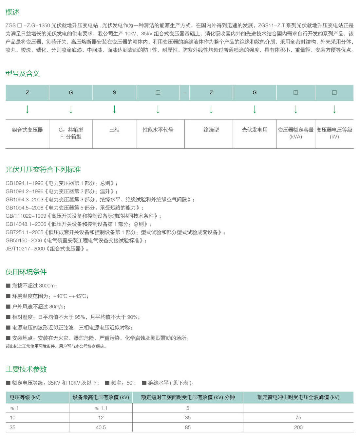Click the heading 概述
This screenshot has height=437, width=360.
tap(12, 12)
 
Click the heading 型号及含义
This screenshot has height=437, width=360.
tap(22, 74)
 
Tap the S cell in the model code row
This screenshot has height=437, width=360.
tap(114, 93)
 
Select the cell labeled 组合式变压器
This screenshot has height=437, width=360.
tap(27, 130)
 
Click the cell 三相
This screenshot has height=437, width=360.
tap(114, 130)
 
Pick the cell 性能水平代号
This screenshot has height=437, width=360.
tap(158, 130)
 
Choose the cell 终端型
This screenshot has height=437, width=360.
tap(211, 130)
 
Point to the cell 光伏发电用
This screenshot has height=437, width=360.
tap(255, 130)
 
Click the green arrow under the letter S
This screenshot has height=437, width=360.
tap(114, 109)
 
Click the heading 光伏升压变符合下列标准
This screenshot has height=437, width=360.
tap(43, 170)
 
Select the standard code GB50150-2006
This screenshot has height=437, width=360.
tap(24, 241)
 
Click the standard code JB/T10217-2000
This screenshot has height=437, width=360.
tap(25, 249)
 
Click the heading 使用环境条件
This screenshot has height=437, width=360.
tap(26, 272)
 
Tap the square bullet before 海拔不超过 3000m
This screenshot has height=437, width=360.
tap(8, 286)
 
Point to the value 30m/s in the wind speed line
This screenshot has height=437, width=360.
tap(56, 307)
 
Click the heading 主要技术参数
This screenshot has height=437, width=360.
tap(26, 369)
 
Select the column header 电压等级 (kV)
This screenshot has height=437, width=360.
tap(25, 397)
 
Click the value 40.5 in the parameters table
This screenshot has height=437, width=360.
tap(101, 428)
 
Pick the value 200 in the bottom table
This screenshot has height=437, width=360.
tap(298, 428)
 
